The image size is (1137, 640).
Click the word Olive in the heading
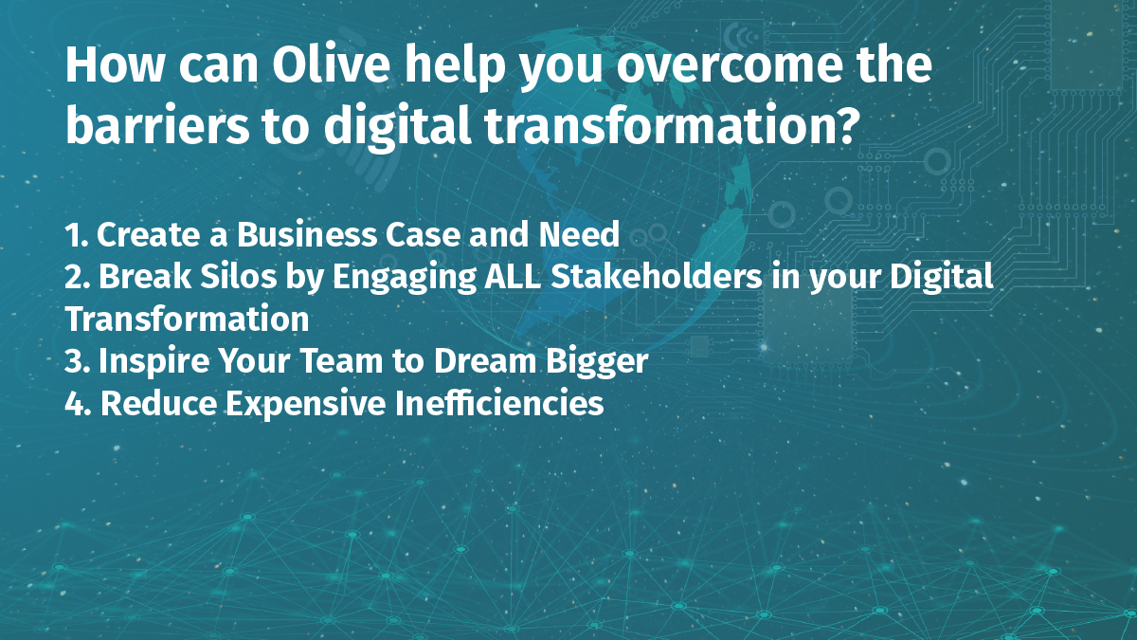coord(331,64)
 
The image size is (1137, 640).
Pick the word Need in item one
coord(579,234)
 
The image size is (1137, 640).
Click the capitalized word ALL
coord(513,277)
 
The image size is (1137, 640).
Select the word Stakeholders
coord(657,277)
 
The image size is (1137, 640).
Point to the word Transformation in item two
coord(188,319)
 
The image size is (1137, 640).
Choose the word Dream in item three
coord(485,361)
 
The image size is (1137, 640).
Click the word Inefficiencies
coord(499,403)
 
